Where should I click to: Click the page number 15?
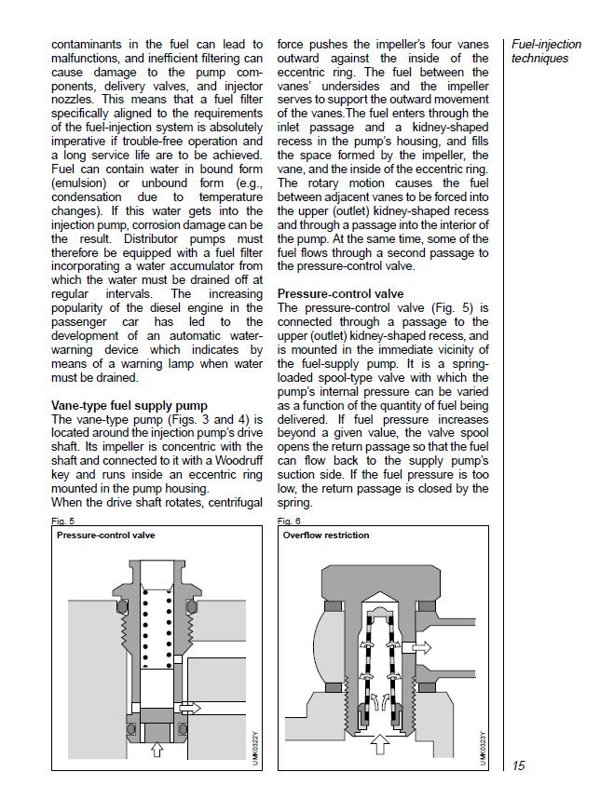pos(519,765)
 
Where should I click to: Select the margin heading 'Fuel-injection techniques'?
pos(546,51)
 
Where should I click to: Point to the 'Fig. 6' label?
pos(290,520)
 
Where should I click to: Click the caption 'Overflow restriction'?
pos(326,535)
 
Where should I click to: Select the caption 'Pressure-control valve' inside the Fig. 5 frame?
pos(104,536)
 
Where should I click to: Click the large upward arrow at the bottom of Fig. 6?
pos(381,745)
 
